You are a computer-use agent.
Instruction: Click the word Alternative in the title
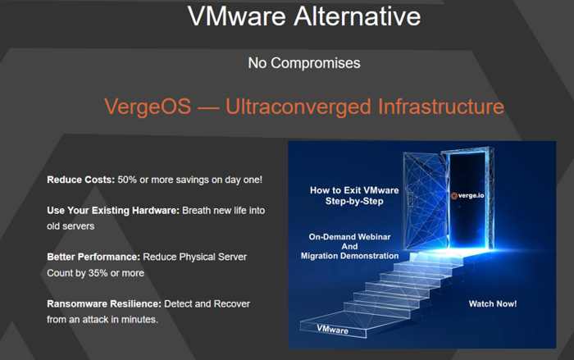(358, 16)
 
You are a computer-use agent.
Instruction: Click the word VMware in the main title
(237, 16)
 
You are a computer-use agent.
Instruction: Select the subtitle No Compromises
(304, 63)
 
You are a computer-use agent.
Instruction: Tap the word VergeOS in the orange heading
(148, 107)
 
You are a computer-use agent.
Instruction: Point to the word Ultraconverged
(298, 107)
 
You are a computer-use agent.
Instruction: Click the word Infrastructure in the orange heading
(441, 107)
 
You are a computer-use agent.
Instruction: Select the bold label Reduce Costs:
(81, 180)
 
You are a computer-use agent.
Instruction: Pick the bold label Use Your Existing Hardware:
(113, 211)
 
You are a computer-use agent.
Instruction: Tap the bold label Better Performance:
(93, 257)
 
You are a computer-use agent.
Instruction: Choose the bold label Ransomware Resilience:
(104, 304)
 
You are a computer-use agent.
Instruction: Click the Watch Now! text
(493, 303)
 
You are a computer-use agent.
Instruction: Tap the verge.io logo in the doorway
(467, 195)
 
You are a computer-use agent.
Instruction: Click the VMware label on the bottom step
(332, 329)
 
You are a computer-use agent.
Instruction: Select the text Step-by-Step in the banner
(354, 201)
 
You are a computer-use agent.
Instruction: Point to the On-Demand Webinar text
(349, 237)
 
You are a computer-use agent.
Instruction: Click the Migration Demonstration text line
(349, 256)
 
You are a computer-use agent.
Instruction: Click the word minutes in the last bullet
(139, 319)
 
